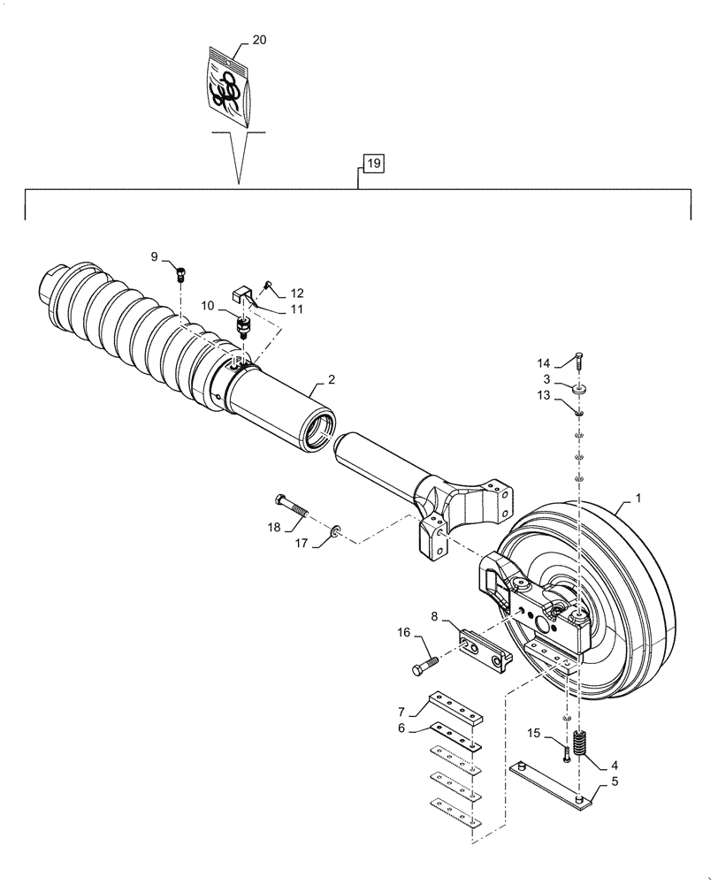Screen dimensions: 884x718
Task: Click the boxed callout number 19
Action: (372, 163)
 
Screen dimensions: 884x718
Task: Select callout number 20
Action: (259, 40)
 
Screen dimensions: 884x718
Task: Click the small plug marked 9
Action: (181, 272)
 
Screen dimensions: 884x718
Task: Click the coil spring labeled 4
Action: (580, 743)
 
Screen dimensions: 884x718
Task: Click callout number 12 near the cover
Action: (296, 293)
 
